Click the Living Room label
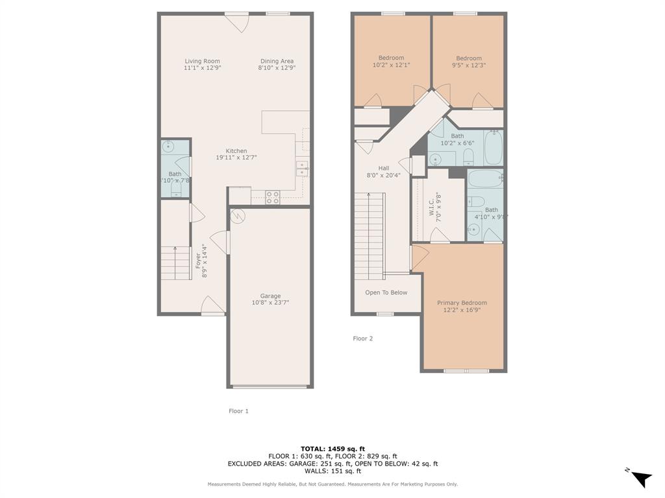(202, 61)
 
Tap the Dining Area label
(277, 61)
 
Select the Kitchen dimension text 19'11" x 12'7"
(236, 158)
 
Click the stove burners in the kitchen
(273, 197)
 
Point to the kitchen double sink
(302, 169)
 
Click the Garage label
(270, 296)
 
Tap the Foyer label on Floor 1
(198, 261)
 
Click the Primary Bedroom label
(461, 303)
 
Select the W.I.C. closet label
(431, 207)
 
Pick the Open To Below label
(386, 292)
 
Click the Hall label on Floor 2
(383, 168)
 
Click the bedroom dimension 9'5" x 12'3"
(468, 65)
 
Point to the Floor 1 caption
(238, 411)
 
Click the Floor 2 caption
(362, 338)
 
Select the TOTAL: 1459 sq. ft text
(332, 449)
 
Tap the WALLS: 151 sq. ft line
(332, 471)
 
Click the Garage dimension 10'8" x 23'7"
(270, 303)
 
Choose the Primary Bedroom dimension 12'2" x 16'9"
(461, 310)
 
